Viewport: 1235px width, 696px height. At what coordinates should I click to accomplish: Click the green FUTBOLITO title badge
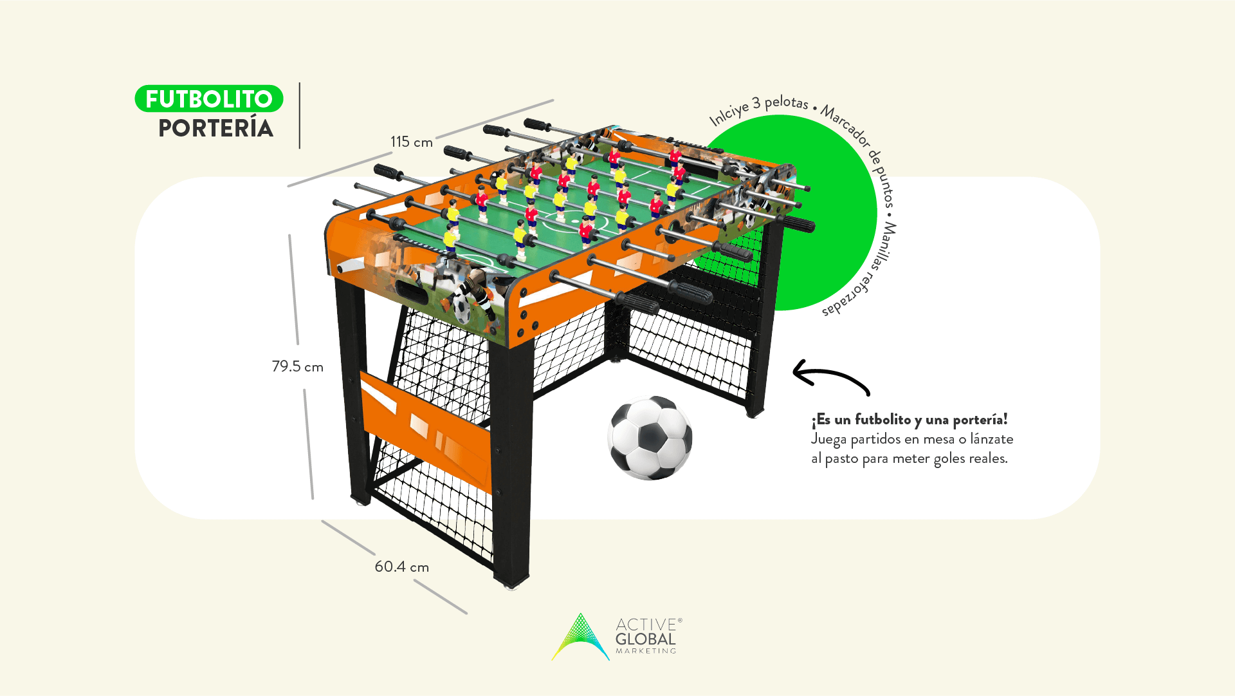[x=209, y=99]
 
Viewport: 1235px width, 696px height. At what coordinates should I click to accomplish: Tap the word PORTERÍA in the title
[x=216, y=129]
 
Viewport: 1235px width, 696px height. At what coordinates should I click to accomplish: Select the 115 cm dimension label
[x=411, y=142]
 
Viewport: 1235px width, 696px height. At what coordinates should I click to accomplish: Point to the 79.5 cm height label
[x=297, y=366]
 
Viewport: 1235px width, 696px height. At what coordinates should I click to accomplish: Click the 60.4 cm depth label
[x=401, y=567]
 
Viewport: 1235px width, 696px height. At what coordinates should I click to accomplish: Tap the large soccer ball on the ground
[x=650, y=438]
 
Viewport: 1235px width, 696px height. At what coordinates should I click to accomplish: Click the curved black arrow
[x=830, y=378]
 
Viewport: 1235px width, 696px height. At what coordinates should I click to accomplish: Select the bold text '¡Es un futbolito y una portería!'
[x=909, y=420]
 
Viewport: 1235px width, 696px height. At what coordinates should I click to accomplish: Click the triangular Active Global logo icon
[x=580, y=637]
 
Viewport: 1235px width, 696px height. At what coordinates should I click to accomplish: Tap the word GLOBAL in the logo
[x=645, y=639]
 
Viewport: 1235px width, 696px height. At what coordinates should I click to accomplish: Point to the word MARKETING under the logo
[x=646, y=651]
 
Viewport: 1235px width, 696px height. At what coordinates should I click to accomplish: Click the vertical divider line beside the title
[x=300, y=116]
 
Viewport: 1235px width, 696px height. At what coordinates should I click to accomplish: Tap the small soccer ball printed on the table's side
[x=462, y=308]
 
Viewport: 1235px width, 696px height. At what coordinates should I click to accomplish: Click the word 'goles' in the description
[x=949, y=458]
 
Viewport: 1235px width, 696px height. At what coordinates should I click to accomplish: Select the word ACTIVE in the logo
[x=645, y=625]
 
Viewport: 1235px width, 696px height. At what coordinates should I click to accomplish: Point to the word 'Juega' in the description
[x=828, y=439]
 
